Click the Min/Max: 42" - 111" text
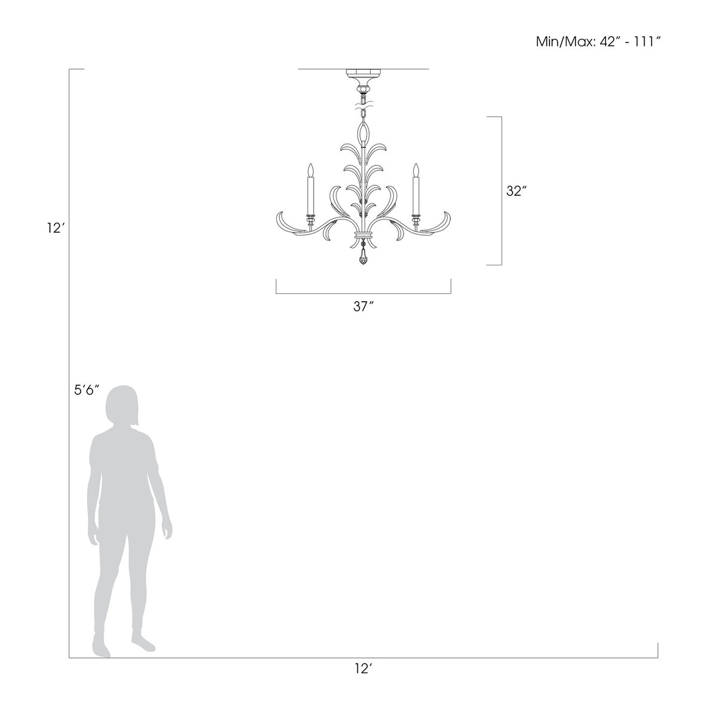point(599,42)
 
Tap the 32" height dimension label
point(516,191)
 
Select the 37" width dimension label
point(363,307)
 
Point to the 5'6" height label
point(87,390)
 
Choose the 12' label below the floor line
point(363,668)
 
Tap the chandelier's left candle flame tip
point(310,164)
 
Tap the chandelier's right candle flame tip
point(416,164)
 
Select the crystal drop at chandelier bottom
point(363,257)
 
